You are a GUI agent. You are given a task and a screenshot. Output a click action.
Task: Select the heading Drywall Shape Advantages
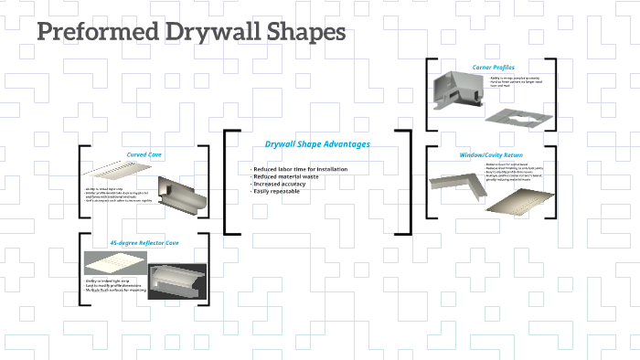pyautogui.click(x=316, y=144)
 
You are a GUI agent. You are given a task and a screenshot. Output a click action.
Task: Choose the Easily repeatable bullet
pyautogui.click(x=278, y=192)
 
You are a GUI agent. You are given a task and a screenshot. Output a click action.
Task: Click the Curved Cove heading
pyautogui.click(x=144, y=155)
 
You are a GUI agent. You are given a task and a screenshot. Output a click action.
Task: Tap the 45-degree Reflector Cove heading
pyautogui.click(x=144, y=244)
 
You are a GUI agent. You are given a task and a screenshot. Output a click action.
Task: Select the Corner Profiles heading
pyautogui.click(x=492, y=67)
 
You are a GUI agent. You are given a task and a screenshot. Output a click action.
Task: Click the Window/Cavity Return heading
pyautogui.click(x=492, y=155)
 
